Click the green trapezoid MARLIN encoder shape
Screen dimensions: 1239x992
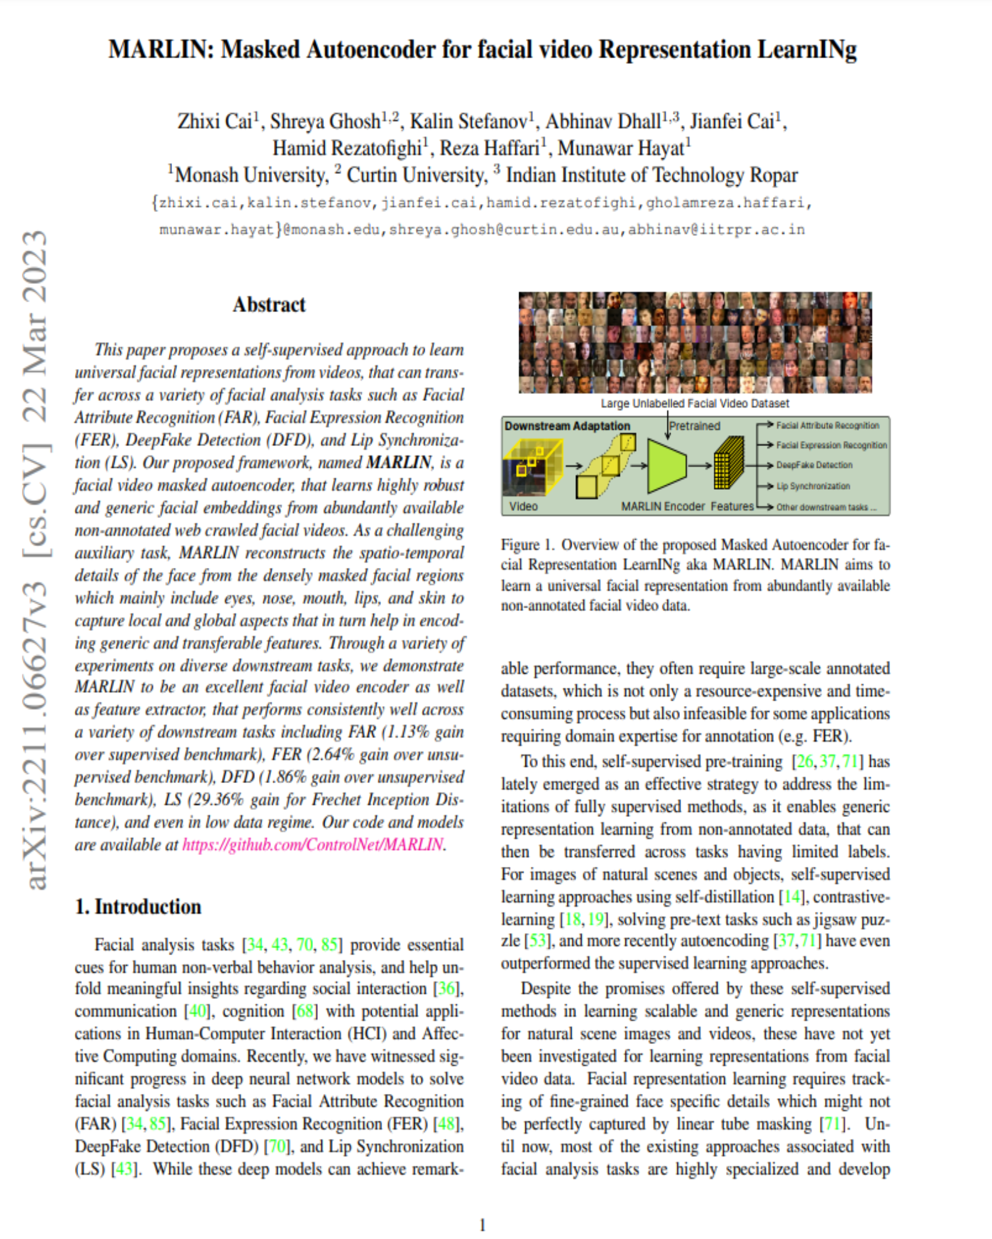667,465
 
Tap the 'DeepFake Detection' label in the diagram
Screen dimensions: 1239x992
814,465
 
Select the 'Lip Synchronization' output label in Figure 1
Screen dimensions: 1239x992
813,486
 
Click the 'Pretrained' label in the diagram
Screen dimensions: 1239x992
695,426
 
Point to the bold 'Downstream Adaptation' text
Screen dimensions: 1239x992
567,426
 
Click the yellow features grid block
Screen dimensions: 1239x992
729,463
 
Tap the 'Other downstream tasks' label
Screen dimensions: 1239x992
826,507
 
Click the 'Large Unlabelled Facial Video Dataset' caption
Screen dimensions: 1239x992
695,403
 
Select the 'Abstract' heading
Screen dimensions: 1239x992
269,305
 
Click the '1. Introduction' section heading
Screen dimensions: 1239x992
138,907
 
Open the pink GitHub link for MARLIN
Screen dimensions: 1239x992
313,845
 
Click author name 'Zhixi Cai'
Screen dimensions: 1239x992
215,121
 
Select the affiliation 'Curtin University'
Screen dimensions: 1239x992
416,175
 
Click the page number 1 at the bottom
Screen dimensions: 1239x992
482,1225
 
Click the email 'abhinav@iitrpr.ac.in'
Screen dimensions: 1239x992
716,230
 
